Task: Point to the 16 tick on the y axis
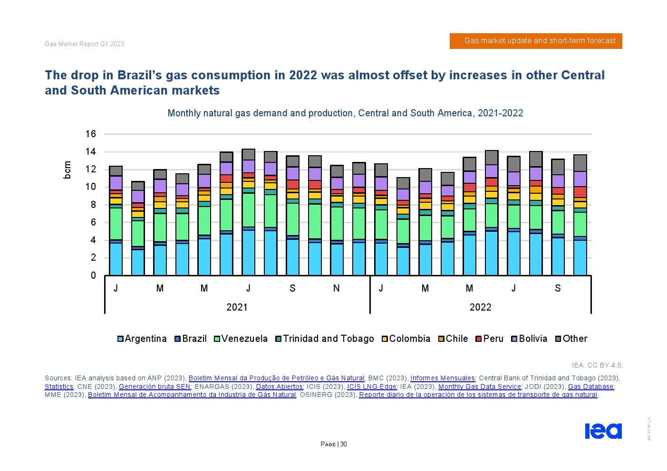pos(91,134)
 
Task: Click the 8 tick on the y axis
pos(93,205)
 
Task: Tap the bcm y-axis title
pos(67,170)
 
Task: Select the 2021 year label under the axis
pos(237,307)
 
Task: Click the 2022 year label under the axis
pos(480,307)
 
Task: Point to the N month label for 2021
pos(337,288)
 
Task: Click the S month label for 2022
pos(558,288)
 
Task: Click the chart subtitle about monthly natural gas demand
pos(345,113)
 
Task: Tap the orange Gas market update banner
pos(536,41)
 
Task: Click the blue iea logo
pos(603,431)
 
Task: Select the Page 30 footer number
pos(334,444)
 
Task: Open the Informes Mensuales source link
pos(443,378)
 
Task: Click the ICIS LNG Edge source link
pos(371,386)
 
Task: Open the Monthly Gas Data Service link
pos(479,386)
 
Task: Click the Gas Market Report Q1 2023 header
pos(85,44)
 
